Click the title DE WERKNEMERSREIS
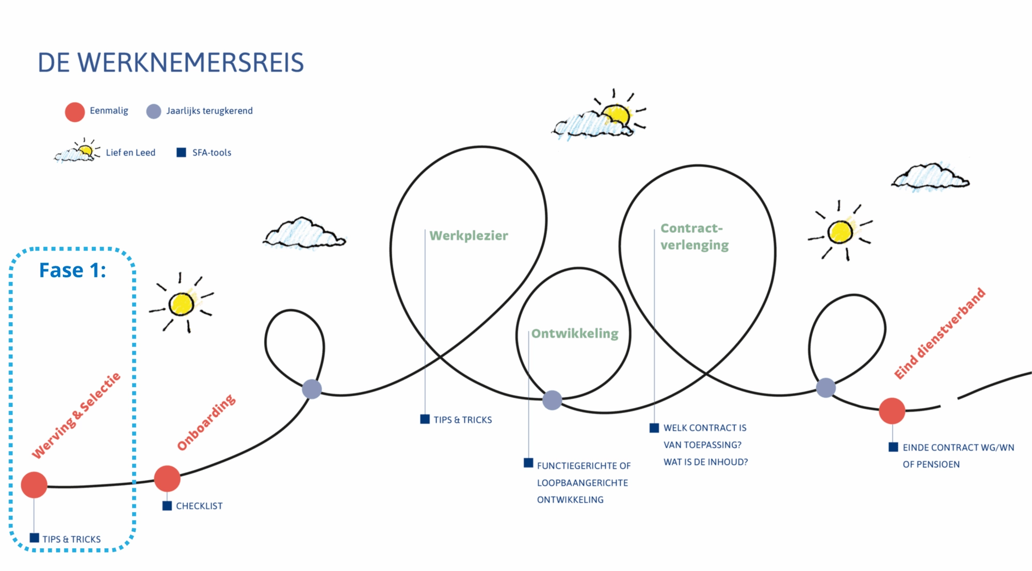(171, 62)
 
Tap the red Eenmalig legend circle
(75, 112)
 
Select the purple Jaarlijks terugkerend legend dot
(154, 112)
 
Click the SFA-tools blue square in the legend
(181, 152)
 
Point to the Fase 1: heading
(73, 270)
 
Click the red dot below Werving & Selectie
(34, 485)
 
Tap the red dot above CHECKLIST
(167, 479)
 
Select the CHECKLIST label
(199, 506)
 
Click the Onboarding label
(206, 423)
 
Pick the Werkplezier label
(469, 236)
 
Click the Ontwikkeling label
(575, 334)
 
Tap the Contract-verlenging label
(694, 236)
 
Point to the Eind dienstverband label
(940, 334)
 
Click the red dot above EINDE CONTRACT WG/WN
(892, 411)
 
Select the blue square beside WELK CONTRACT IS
(654, 428)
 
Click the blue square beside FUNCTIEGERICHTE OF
(528, 463)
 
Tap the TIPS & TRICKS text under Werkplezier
(462, 420)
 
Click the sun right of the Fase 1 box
(182, 304)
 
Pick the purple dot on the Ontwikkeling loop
(552, 400)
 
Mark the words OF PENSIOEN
(931, 465)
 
